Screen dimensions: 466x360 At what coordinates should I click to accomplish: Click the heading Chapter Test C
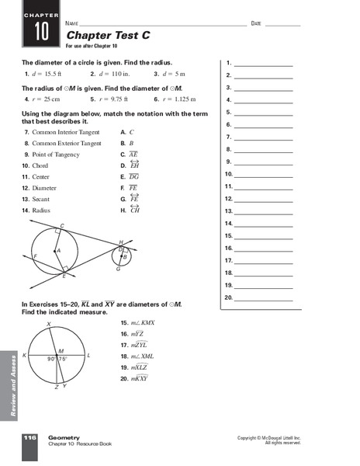[99, 35]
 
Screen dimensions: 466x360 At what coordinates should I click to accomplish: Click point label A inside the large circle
[58, 251]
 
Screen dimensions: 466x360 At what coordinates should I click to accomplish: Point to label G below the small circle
[117, 269]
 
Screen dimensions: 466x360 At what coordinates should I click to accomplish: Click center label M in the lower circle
[61, 351]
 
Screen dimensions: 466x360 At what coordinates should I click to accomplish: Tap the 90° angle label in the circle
[51, 359]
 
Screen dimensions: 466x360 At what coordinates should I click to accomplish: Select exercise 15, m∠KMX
[138, 322]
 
